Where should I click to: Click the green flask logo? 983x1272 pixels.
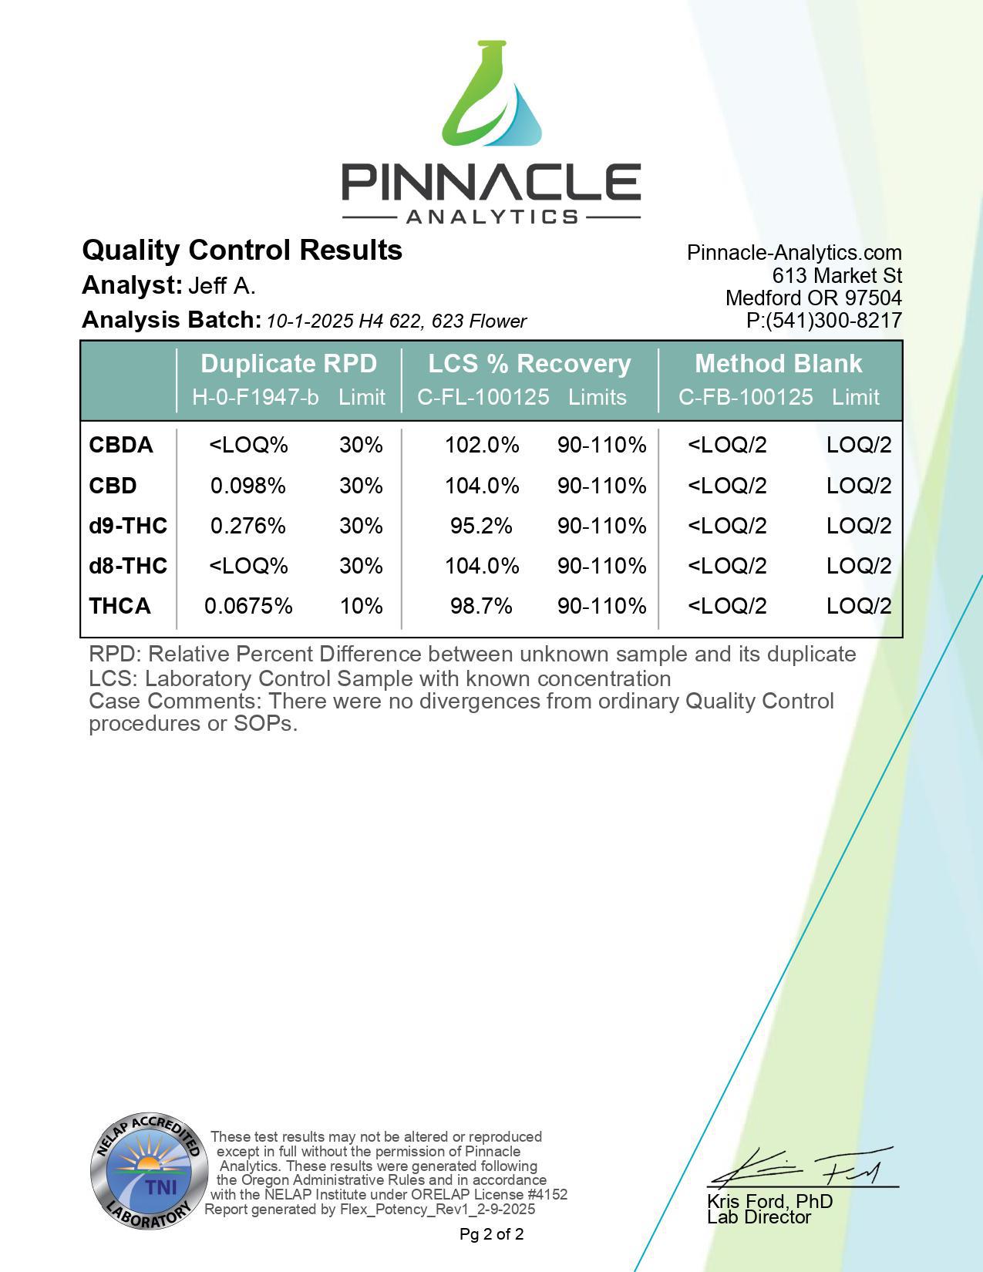click(491, 96)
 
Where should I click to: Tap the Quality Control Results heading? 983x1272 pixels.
click(242, 251)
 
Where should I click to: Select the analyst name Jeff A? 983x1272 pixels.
click(222, 286)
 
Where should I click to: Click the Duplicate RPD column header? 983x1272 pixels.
click(288, 363)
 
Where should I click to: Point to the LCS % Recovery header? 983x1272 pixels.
click(530, 363)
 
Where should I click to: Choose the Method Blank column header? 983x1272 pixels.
click(778, 363)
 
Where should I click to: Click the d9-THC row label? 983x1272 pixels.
click(128, 526)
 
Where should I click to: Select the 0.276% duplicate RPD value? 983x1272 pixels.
click(248, 526)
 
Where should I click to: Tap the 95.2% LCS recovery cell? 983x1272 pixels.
click(481, 526)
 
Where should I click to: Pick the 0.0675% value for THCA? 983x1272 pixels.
click(248, 606)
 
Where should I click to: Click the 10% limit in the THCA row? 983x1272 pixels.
click(361, 606)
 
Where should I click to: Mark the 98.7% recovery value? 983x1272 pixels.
click(481, 606)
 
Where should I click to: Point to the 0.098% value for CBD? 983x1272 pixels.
click(248, 486)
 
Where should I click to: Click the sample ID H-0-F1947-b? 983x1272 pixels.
click(255, 397)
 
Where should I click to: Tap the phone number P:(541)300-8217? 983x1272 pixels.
click(823, 321)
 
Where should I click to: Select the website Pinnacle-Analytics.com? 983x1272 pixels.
click(794, 253)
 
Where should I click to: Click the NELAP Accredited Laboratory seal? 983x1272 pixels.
click(149, 1172)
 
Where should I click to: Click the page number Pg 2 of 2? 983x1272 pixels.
click(491, 1234)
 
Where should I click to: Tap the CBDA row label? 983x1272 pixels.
click(121, 446)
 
